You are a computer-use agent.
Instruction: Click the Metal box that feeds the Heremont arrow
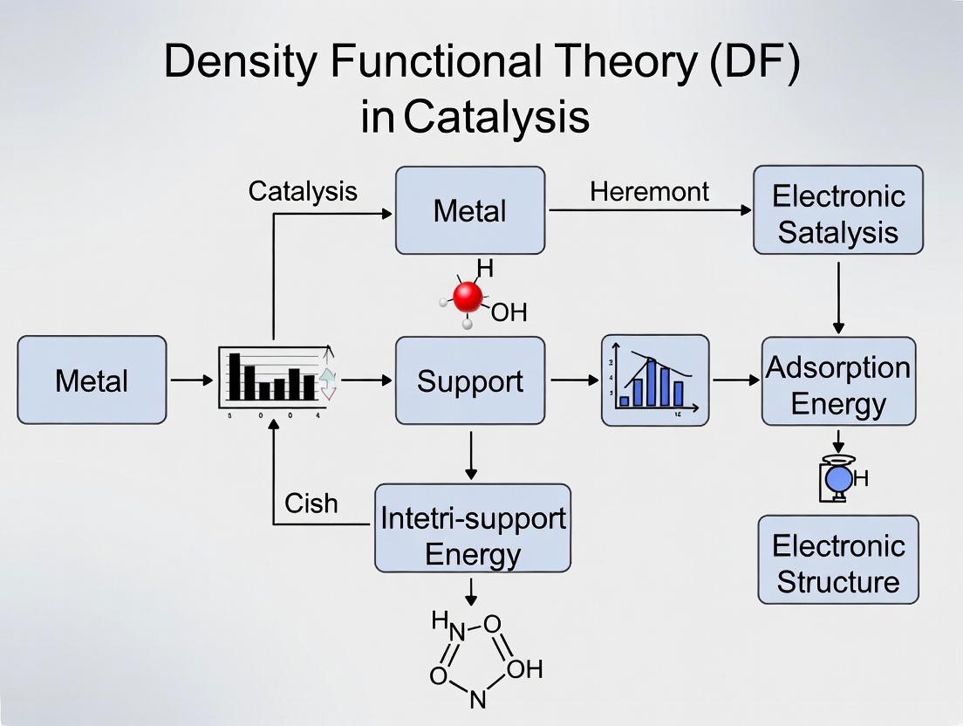(470, 210)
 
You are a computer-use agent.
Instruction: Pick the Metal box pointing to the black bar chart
(92, 380)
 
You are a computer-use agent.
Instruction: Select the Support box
(470, 380)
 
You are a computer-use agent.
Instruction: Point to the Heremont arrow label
(649, 192)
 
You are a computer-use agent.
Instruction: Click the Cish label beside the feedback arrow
(311, 503)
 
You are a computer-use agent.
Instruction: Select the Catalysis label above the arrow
(303, 191)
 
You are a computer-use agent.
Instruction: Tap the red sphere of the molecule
(468, 298)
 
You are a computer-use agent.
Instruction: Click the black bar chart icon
(272, 377)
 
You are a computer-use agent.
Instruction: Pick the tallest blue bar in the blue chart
(650, 380)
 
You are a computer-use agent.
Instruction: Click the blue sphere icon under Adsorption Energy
(838, 479)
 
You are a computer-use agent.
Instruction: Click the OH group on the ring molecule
(523, 669)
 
